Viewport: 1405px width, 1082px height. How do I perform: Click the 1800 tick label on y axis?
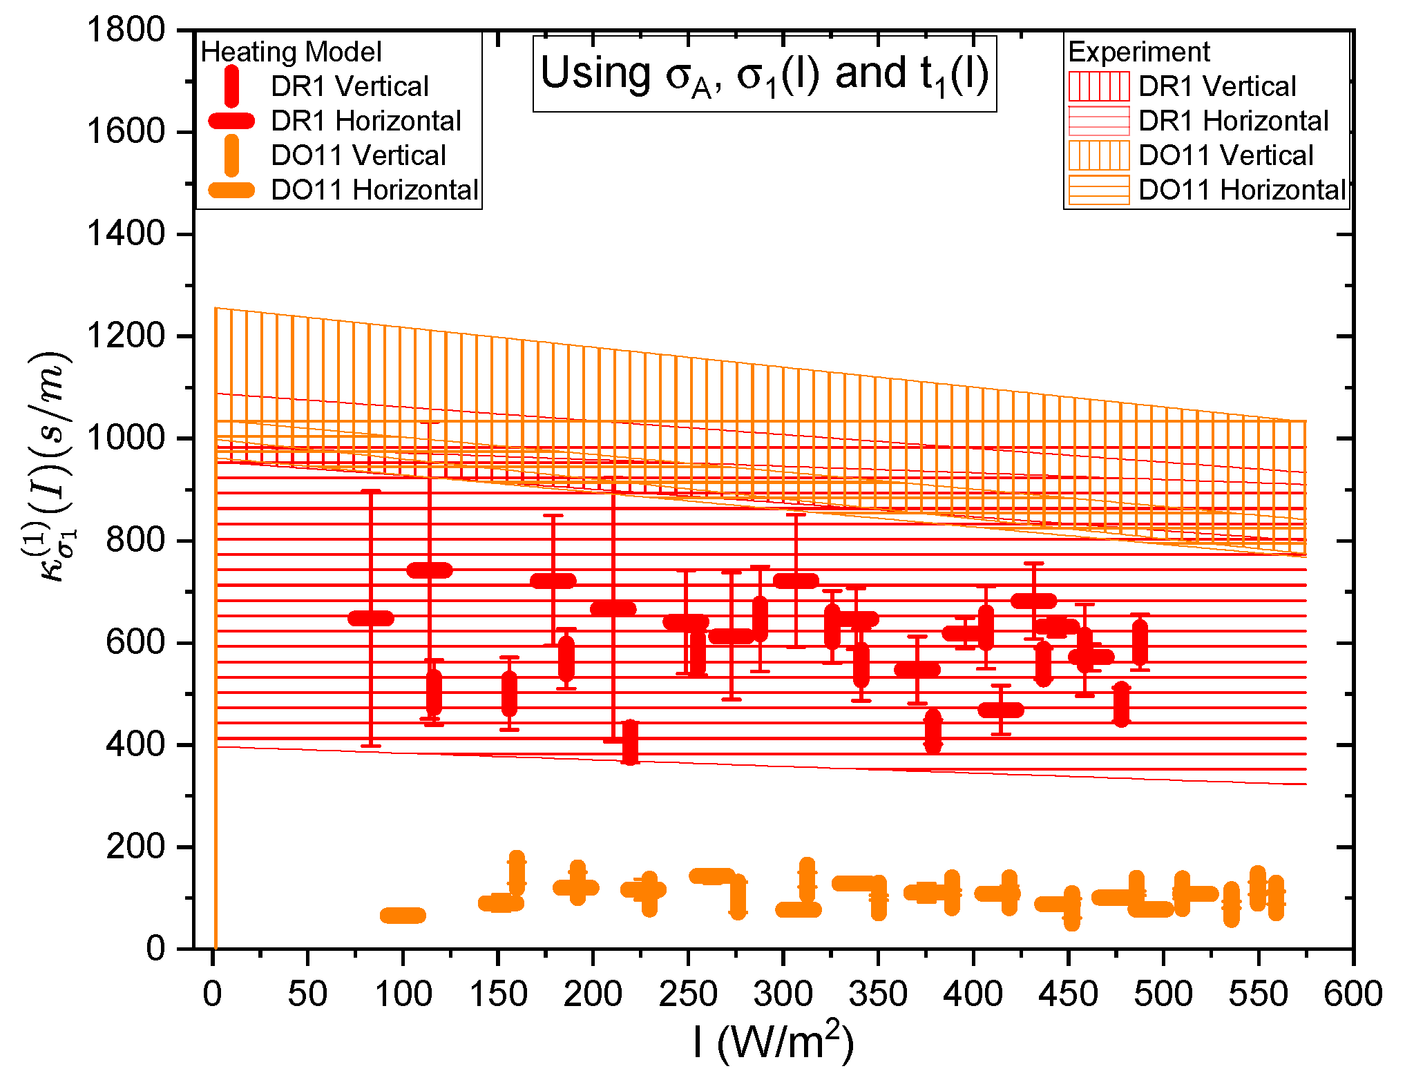point(125,30)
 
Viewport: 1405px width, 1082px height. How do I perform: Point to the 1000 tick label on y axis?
point(125,438)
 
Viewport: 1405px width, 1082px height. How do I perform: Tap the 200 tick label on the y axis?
point(135,847)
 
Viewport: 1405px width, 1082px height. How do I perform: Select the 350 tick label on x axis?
point(877,994)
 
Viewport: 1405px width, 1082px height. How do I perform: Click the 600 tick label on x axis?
point(1352,994)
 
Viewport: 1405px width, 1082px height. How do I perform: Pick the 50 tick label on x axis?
point(307,994)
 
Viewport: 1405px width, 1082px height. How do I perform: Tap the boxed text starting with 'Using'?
point(765,74)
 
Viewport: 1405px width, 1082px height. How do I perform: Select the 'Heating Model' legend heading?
point(291,52)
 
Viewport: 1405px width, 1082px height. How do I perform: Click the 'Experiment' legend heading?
point(1138,52)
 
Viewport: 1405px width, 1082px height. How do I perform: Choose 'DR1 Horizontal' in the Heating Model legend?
point(365,122)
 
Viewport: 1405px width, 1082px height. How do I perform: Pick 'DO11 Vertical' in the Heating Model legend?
point(358,156)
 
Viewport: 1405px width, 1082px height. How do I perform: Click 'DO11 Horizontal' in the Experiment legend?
point(1241,190)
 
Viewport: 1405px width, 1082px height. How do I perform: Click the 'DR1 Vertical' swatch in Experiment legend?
point(1098,87)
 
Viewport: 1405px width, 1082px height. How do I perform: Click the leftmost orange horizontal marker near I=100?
point(403,916)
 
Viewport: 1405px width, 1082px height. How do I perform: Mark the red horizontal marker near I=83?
point(371,618)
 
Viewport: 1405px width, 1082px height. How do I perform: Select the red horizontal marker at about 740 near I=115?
point(430,570)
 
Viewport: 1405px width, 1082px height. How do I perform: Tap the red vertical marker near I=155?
point(509,694)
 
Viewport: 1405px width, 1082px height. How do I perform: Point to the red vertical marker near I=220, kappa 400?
point(630,742)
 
